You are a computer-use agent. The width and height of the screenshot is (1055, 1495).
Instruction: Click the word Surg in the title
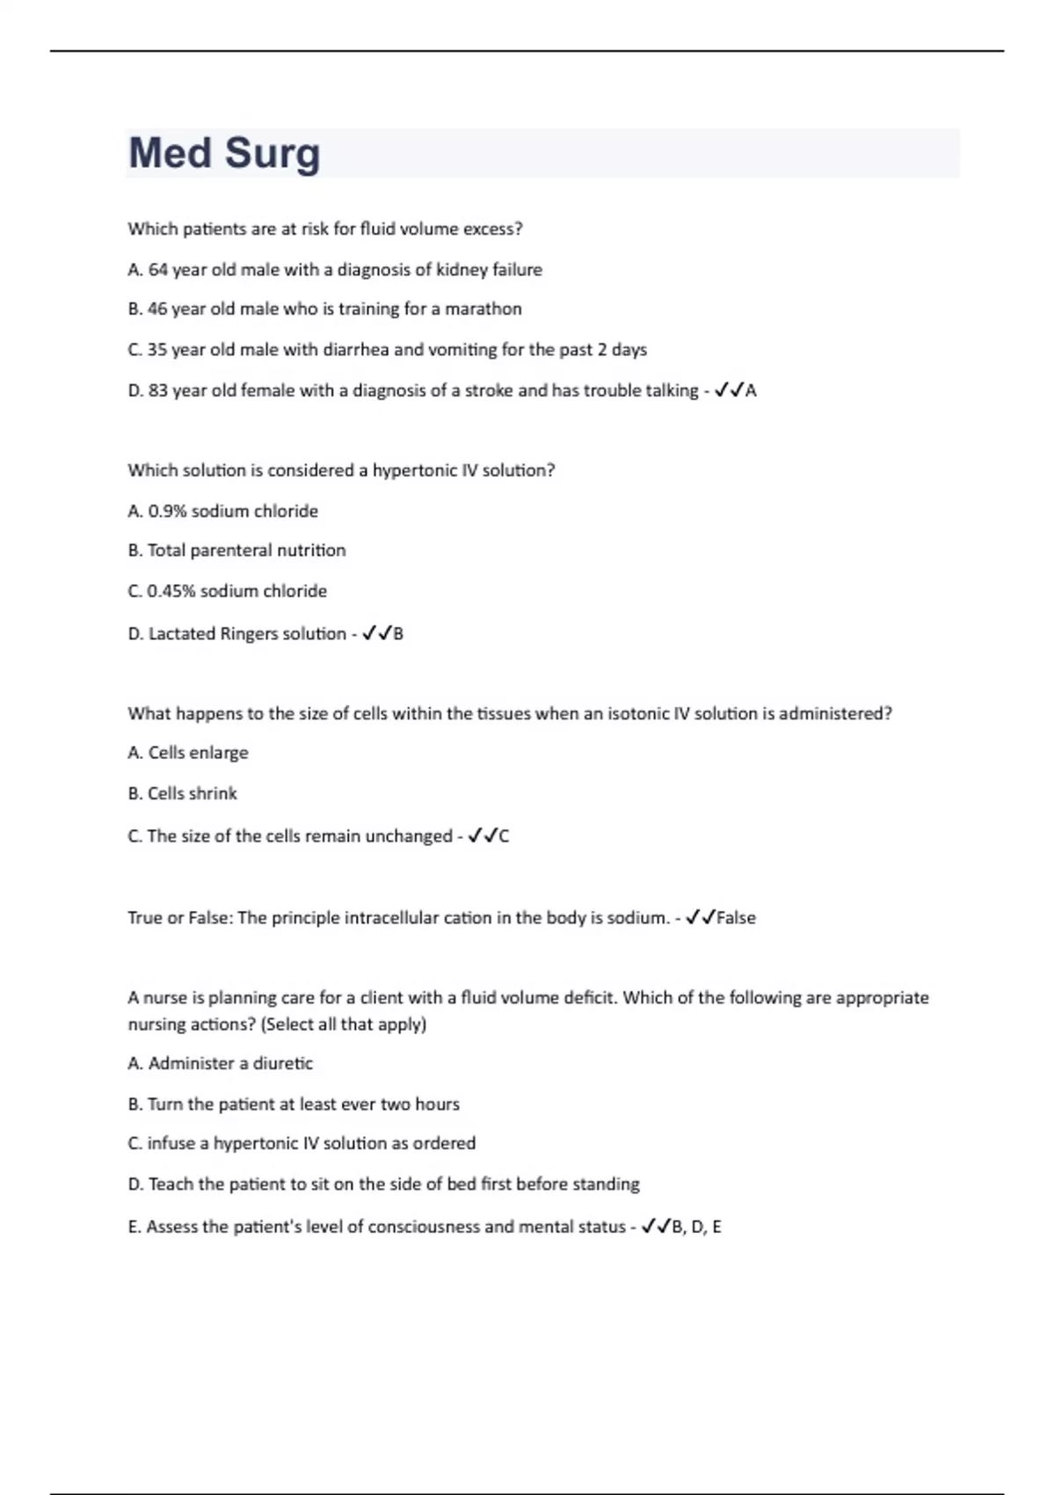coord(273,154)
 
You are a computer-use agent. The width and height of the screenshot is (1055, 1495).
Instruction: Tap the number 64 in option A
coord(158,270)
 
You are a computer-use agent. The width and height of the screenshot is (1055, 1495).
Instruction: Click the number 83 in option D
coord(158,390)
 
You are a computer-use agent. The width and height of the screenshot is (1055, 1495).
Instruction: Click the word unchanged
coord(408,836)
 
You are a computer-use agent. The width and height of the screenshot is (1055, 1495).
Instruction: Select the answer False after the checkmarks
coord(736,918)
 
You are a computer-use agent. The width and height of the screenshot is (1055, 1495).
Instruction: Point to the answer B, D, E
coord(696,1227)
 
